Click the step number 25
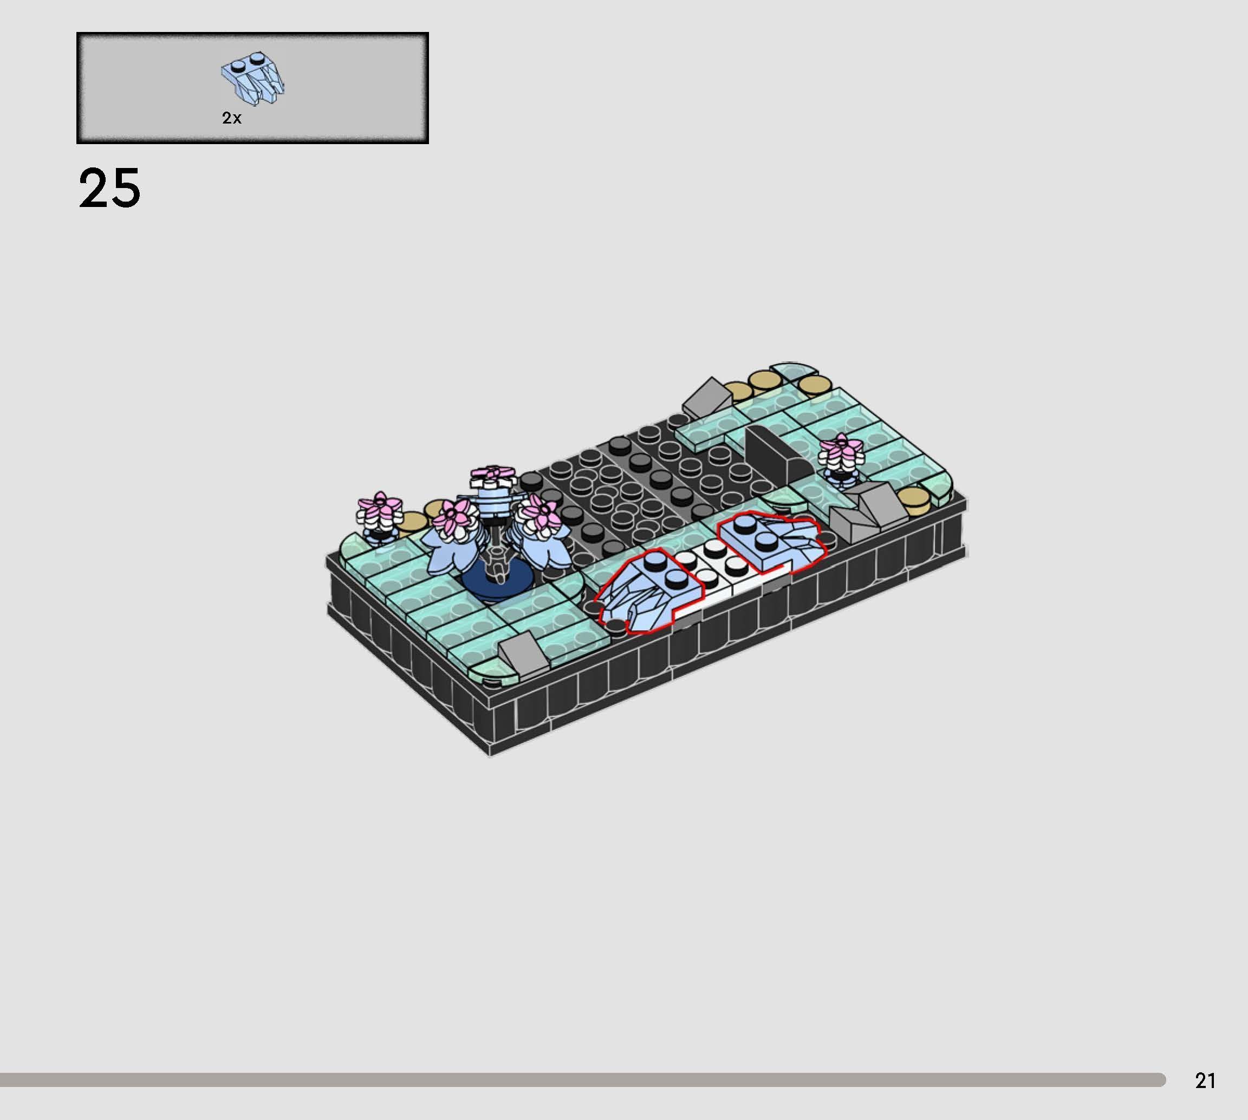109,189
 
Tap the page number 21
1205,1080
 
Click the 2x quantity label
231,118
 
